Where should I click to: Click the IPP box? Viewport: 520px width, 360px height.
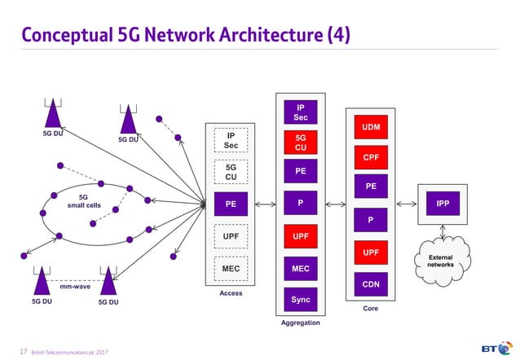[x=443, y=204]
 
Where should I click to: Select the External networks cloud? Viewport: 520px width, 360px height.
[x=441, y=261]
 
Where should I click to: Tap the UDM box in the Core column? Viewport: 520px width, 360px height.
[x=370, y=127]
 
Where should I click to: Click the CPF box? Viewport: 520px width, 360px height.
[x=370, y=156]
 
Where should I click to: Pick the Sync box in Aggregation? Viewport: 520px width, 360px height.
[x=301, y=300]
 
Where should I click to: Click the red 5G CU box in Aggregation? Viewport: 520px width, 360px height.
[x=301, y=143]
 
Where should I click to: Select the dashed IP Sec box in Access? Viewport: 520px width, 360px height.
[x=231, y=141]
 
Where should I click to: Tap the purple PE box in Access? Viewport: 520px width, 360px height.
[x=231, y=204]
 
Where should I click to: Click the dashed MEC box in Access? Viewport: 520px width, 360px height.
[x=231, y=268]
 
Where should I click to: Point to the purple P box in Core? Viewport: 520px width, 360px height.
[x=370, y=219]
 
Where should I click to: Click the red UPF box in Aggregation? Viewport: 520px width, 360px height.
[x=301, y=236]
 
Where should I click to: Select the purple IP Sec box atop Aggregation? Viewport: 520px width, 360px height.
[x=301, y=112]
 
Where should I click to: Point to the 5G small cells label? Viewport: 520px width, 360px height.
[x=83, y=201]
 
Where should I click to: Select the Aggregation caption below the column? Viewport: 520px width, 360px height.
[x=301, y=323]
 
